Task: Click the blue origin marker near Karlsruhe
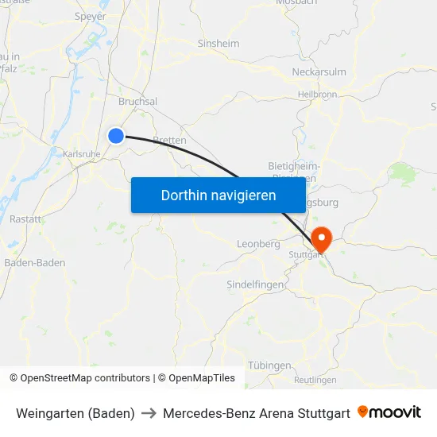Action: [116, 136]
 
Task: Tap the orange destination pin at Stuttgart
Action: [321, 238]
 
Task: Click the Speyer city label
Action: [89, 15]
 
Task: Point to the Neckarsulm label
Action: [319, 72]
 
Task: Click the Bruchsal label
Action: [137, 102]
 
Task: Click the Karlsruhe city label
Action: [80, 153]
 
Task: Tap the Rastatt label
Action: [25, 218]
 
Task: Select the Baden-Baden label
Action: [35, 262]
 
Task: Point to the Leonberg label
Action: [258, 244]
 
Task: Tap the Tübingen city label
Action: [269, 365]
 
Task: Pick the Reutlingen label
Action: [315, 381]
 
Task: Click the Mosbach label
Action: [296, 3]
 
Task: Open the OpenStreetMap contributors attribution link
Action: [85, 378]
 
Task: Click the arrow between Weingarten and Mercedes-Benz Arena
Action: [149, 413]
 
